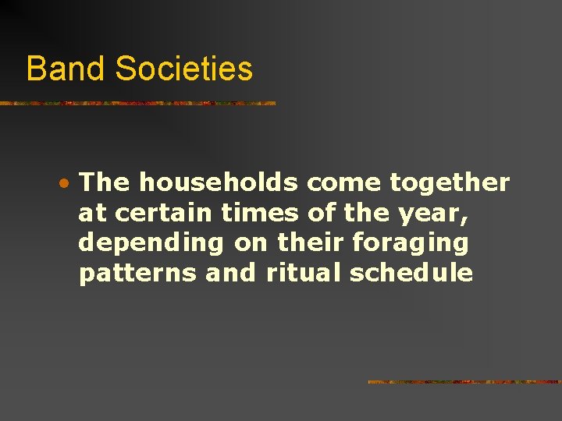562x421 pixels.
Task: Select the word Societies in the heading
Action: tap(184, 69)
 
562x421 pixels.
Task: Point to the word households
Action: tap(219, 183)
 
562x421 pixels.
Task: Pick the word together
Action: tap(450, 183)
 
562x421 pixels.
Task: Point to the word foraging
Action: tap(411, 244)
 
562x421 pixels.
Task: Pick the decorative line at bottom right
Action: tap(464, 382)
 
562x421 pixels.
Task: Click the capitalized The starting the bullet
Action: tap(105, 183)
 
